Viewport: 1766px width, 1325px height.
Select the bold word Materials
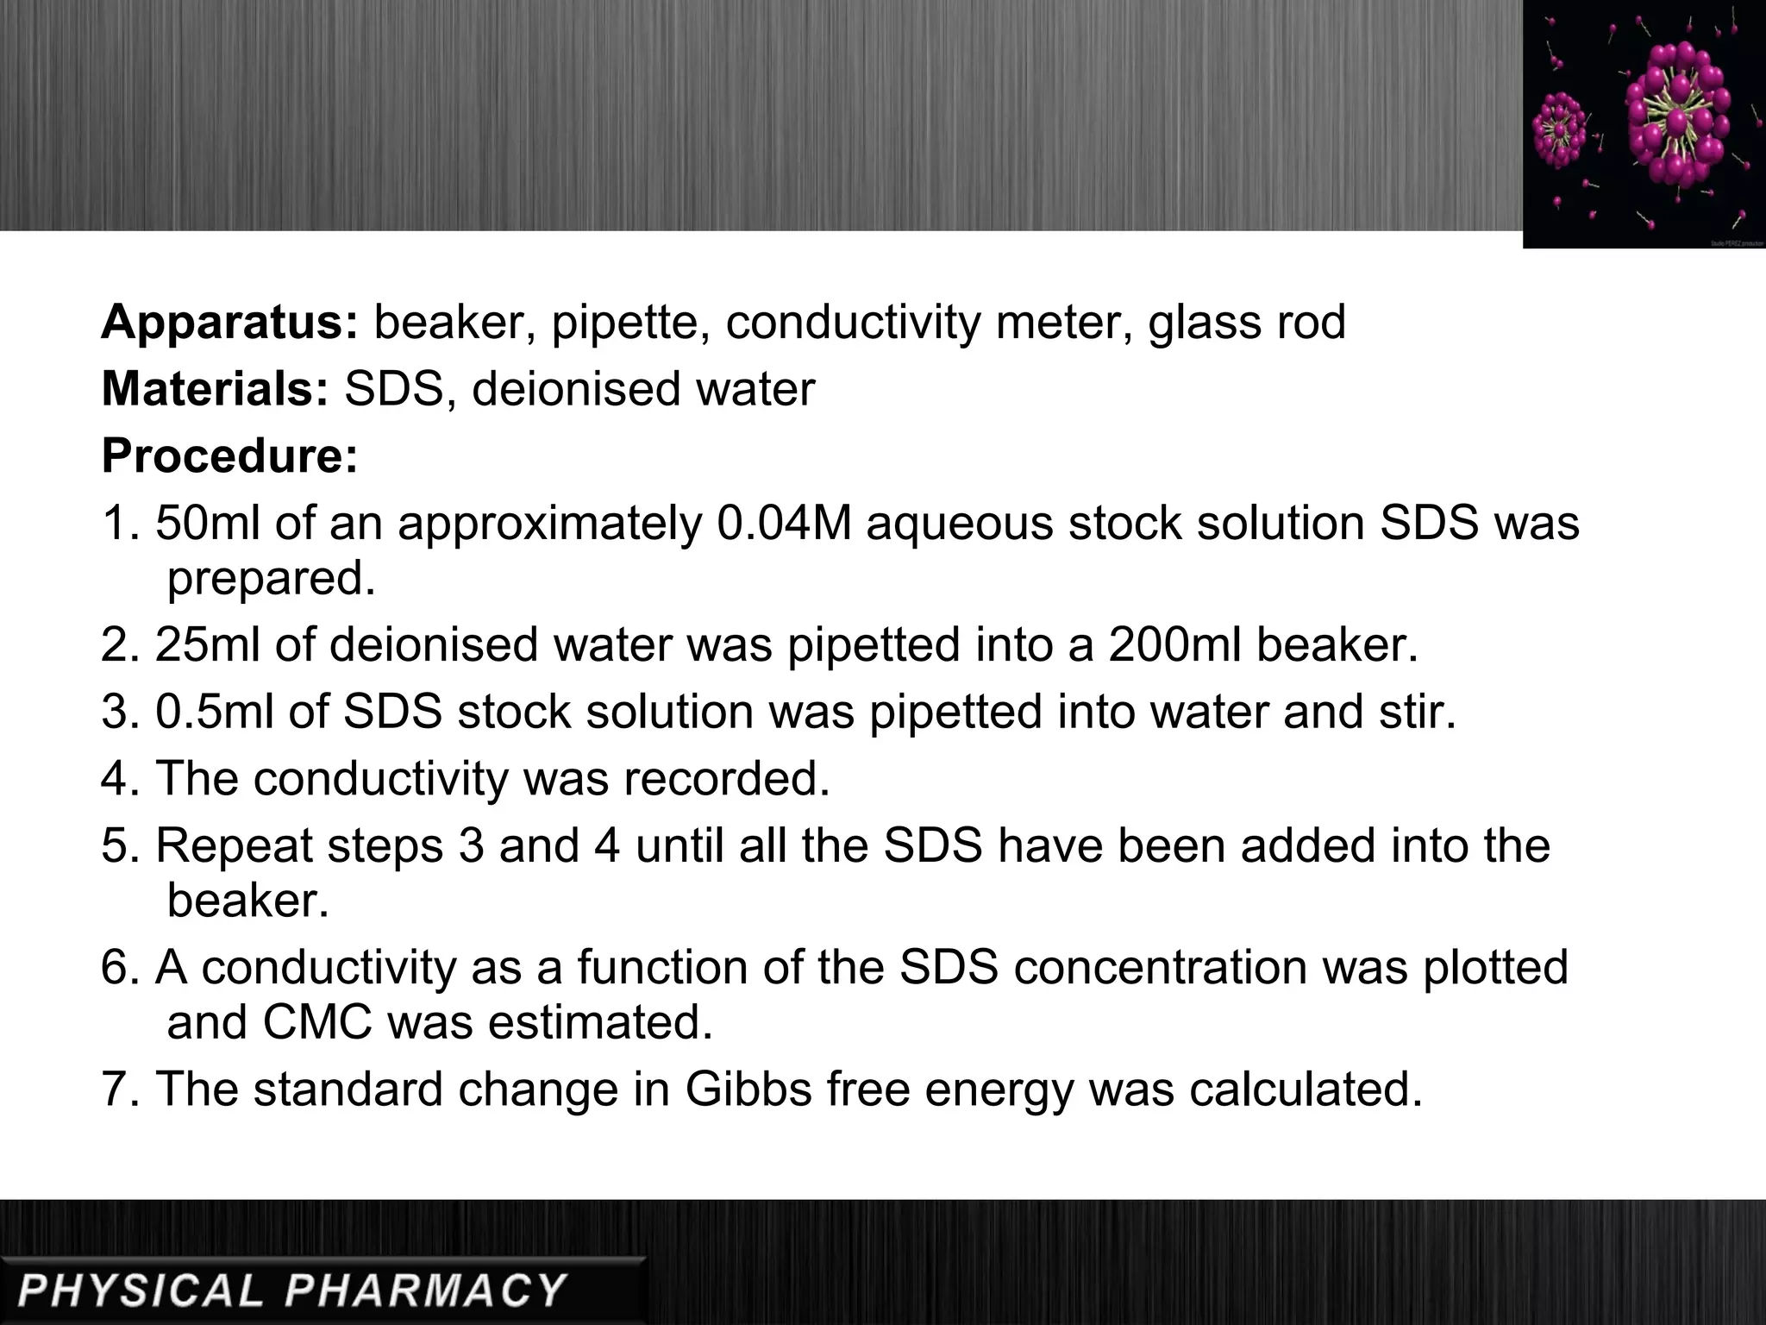215,389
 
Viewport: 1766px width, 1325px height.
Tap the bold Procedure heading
229,455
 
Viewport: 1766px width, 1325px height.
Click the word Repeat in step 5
233,846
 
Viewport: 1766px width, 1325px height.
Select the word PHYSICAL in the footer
140,1290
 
